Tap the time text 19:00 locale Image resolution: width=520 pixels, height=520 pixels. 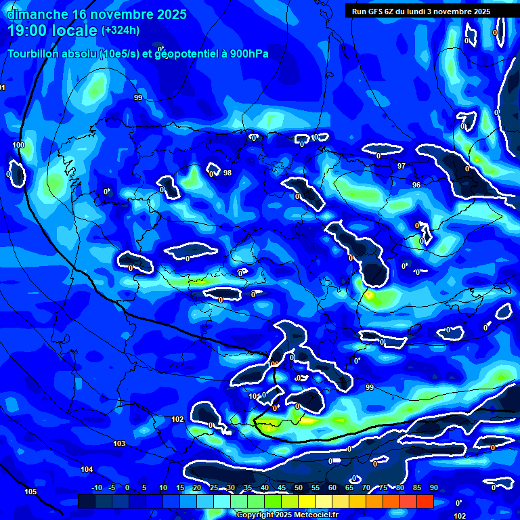[53, 30]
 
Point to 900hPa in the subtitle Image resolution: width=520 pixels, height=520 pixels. [248, 53]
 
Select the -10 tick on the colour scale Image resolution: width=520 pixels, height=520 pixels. [96, 487]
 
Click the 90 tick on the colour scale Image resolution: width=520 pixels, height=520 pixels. [433, 487]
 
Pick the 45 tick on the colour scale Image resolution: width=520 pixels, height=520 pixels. [281, 487]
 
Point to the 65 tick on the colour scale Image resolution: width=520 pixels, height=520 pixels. [349, 487]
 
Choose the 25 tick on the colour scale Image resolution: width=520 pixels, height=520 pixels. [213, 487]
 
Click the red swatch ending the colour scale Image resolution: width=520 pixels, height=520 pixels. [425, 501]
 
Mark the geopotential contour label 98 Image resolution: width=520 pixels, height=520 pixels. [227, 173]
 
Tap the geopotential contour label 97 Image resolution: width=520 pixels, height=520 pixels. [402, 166]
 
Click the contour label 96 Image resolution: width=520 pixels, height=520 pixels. [416, 184]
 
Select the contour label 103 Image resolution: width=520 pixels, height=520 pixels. [119, 443]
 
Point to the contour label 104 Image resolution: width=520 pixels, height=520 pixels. [87, 469]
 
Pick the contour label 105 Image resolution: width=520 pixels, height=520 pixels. [30, 492]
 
